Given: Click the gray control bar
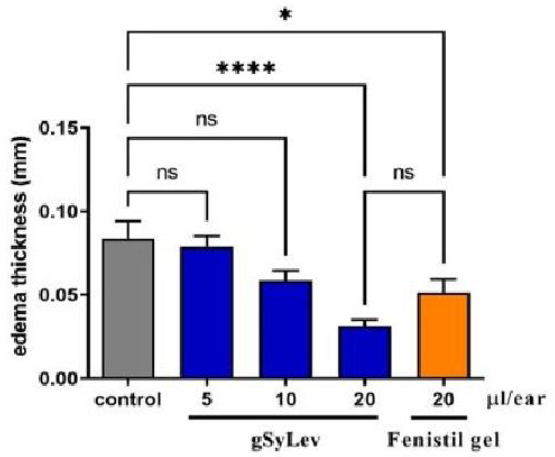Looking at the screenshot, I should (128, 308).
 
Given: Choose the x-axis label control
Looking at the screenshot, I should (128, 400).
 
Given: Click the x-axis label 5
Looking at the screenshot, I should (207, 399).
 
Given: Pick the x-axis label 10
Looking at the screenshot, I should (286, 399).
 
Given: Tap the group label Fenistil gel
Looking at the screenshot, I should (443, 441).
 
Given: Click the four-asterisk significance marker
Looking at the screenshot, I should (246, 69).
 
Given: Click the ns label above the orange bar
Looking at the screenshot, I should (404, 173).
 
